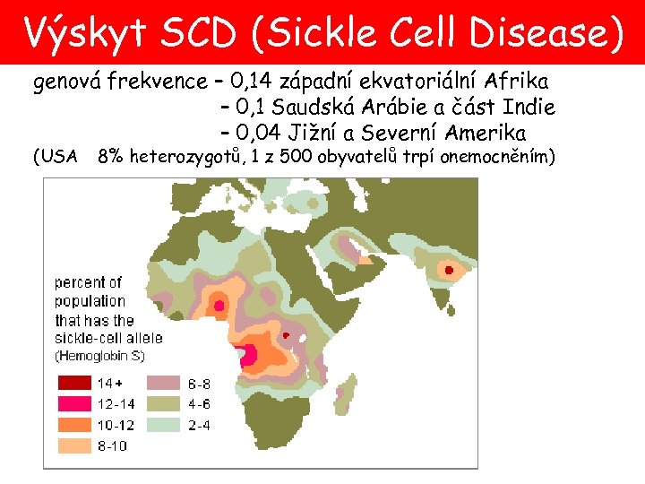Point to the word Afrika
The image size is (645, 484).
point(516,83)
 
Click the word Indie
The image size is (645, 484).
point(531,108)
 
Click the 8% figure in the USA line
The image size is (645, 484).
point(111,158)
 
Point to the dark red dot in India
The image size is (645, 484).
point(449,269)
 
